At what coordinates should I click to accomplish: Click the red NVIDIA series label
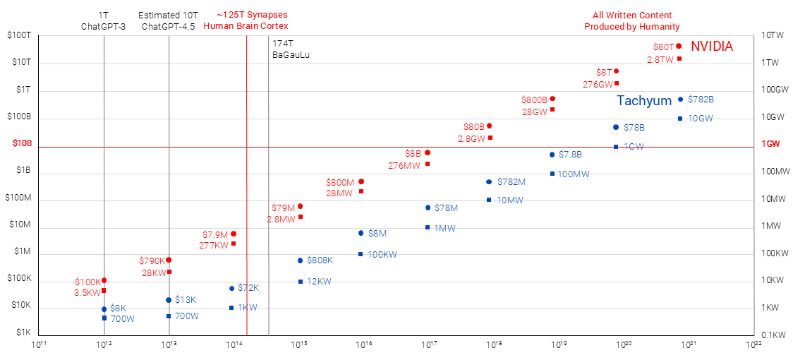tap(711, 47)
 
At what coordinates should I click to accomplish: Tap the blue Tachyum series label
tap(644, 101)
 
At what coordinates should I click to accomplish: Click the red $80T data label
tap(664, 47)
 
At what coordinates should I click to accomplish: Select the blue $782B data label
tap(701, 100)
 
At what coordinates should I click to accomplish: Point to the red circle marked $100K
tap(104, 281)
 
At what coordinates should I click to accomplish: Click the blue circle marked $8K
tap(104, 309)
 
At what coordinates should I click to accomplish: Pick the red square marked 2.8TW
tap(679, 59)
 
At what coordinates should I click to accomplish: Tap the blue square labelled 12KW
tap(301, 282)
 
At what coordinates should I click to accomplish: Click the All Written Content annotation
tap(631, 20)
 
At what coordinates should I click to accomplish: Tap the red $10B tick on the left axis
tap(23, 143)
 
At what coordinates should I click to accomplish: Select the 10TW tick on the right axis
tap(775, 35)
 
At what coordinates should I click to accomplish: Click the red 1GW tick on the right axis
tap(771, 144)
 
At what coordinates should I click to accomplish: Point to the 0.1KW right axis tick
tap(774, 335)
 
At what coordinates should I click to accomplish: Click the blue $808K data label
tap(320, 260)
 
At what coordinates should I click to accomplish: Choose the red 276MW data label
tap(404, 166)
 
